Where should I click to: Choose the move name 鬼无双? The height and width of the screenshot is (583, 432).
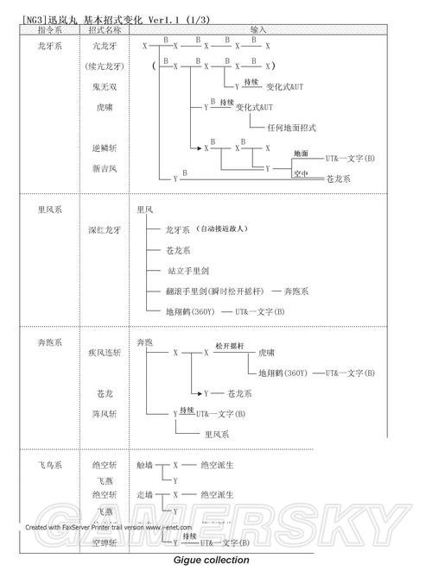pos(103,87)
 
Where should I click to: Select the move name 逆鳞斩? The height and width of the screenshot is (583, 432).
pos(103,147)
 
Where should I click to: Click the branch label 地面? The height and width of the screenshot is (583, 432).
pos(301,154)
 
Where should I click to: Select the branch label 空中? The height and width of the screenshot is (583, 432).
pos(301,172)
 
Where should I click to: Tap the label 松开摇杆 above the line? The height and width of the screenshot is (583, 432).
pos(231,346)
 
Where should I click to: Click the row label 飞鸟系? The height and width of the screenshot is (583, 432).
pos(49,465)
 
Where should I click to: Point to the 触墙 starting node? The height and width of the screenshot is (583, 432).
pos(144,465)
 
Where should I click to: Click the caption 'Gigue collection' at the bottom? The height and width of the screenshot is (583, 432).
pos(212,560)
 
